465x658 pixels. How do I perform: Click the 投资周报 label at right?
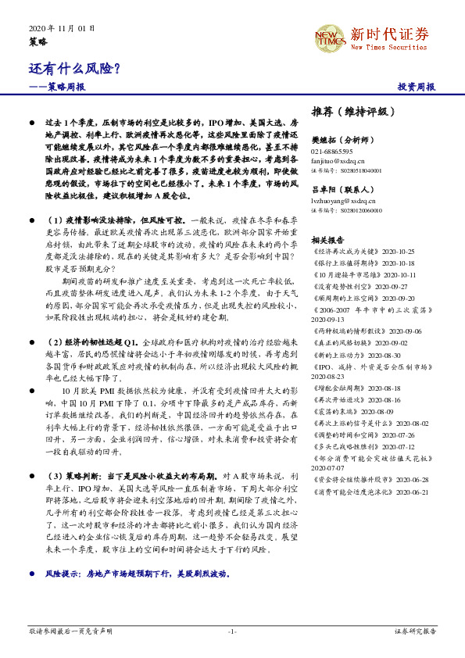click(x=417, y=88)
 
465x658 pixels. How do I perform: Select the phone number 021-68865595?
click(x=332, y=151)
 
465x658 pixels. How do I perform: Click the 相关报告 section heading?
click(x=328, y=239)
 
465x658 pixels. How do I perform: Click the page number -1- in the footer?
click(x=232, y=631)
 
